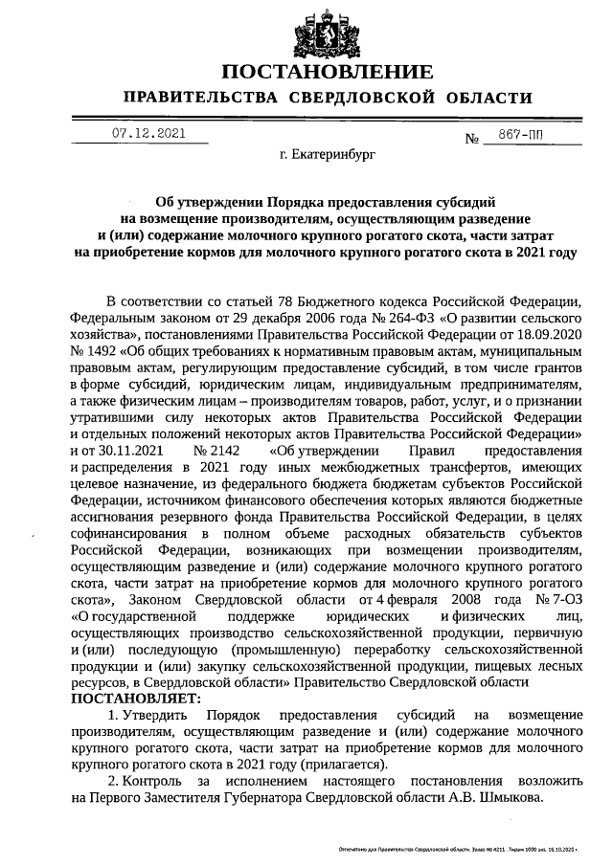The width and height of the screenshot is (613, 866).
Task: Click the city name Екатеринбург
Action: [322, 152]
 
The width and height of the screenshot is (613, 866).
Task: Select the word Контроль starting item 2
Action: [152, 782]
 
